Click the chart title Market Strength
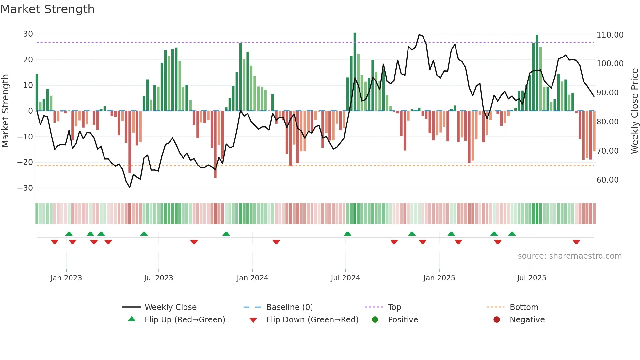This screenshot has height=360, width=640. click(47, 9)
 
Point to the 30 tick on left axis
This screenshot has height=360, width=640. click(28, 34)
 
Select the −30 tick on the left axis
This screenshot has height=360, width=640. click(25, 188)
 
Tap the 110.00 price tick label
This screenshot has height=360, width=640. click(610, 35)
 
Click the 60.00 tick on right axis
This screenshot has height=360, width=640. click(607, 180)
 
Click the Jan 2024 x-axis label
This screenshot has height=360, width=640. click(252, 278)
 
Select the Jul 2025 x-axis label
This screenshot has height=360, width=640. click(531, 278)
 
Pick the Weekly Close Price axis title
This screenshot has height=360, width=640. click(634, 111)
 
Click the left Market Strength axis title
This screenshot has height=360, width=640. click(6, 111)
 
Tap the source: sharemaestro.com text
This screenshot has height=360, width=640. click(569, 256)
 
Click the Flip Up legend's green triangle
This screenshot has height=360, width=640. click(132, 319)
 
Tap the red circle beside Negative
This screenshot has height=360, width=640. click(497, 319)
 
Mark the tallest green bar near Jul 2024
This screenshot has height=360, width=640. click(355, 72)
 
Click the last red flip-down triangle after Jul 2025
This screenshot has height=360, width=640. click(576, 242)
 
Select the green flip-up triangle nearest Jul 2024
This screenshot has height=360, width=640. click(347, 234)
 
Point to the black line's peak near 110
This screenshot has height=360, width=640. click(419, 34)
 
